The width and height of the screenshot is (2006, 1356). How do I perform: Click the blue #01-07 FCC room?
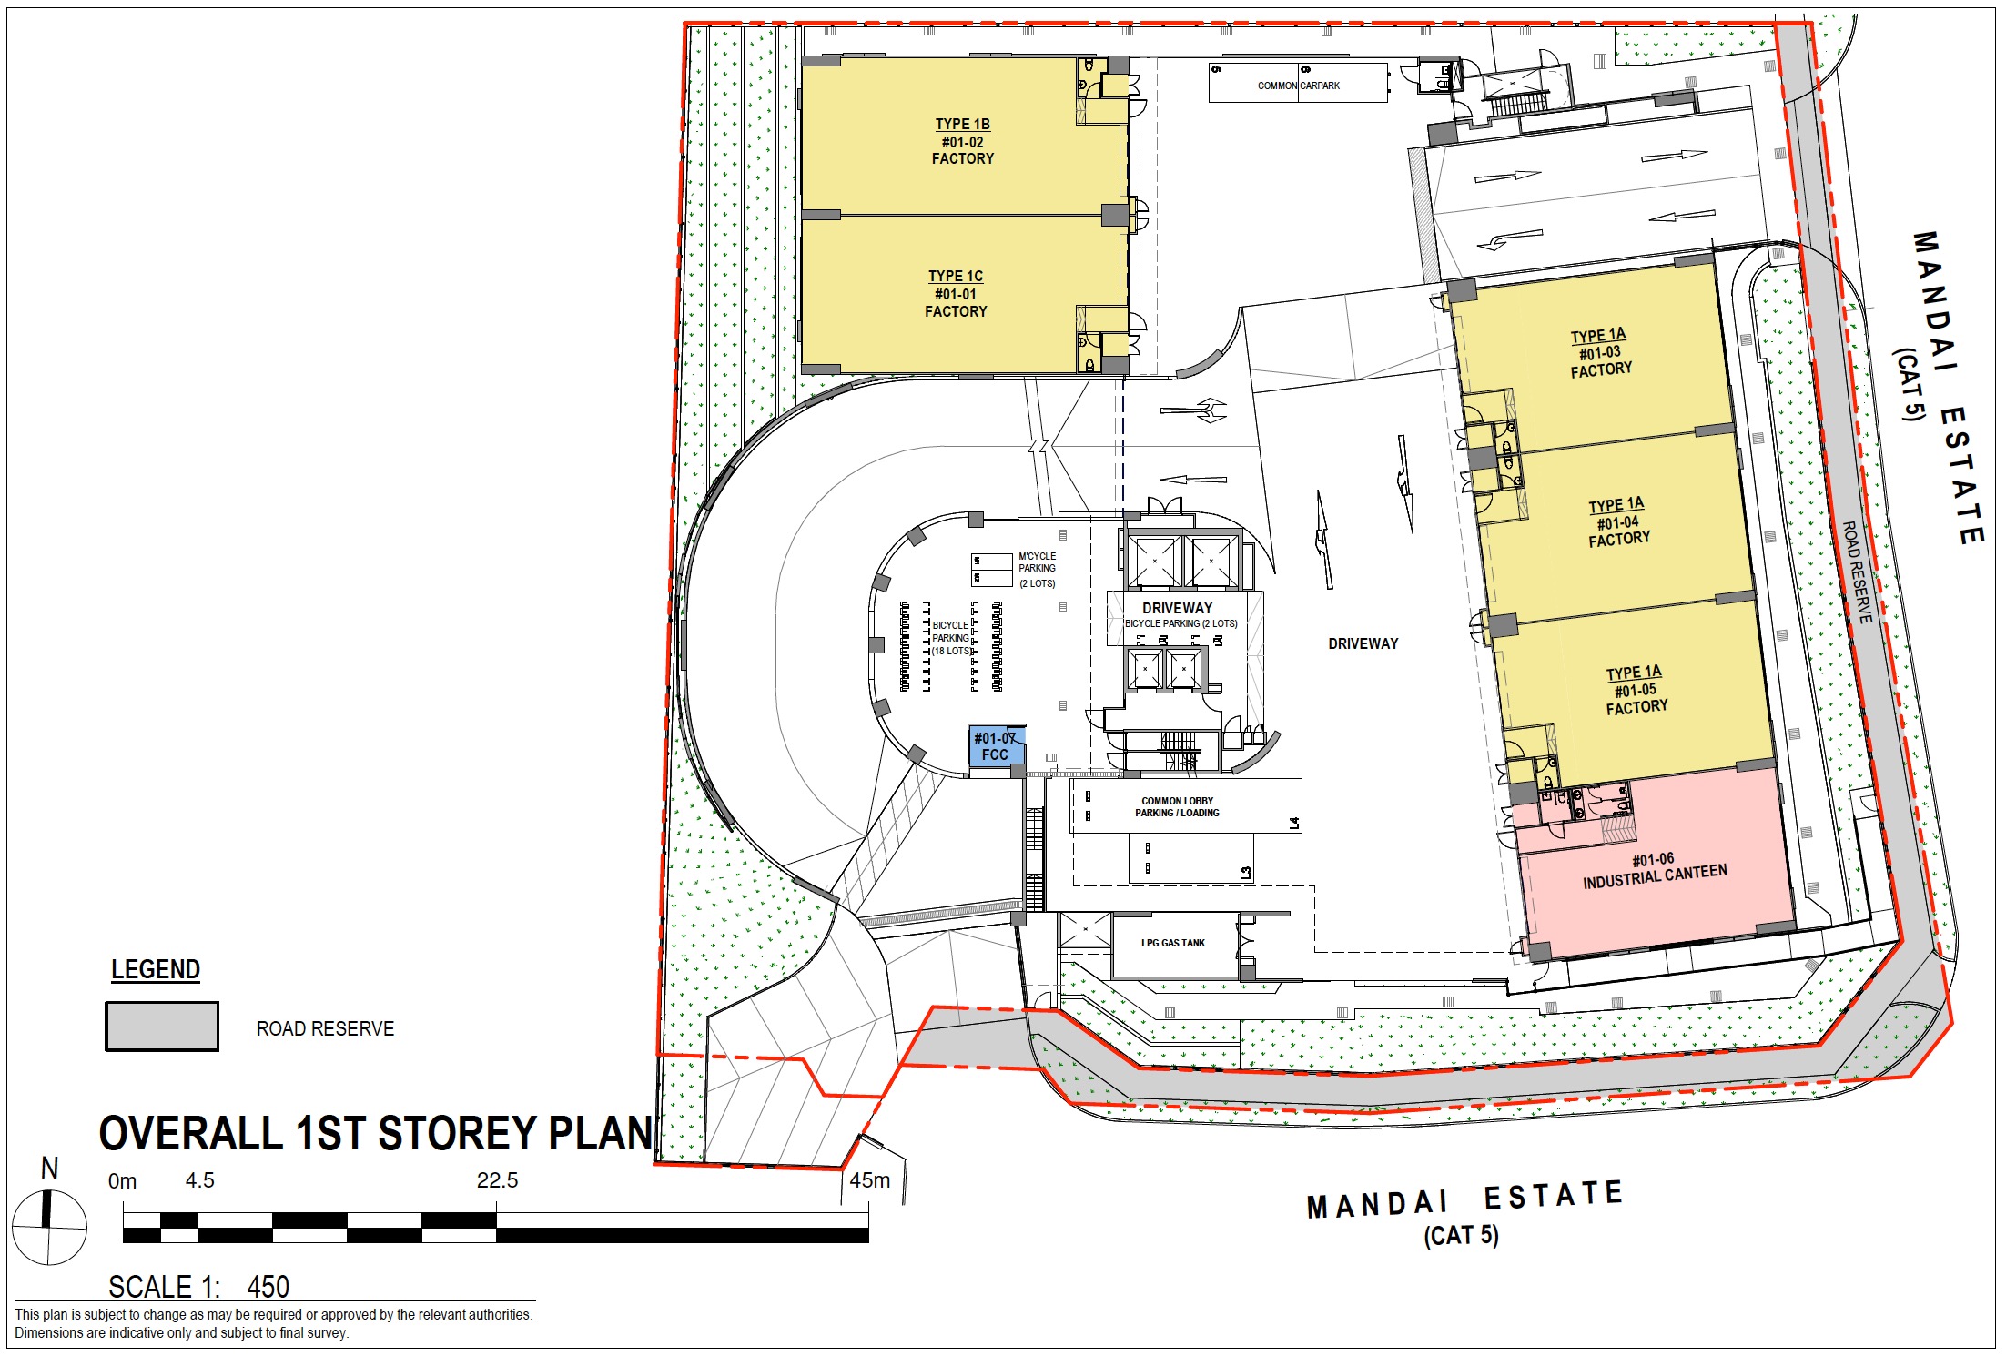coord(996,746)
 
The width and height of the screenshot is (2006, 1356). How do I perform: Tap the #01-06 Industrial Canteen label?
coord(1654,871)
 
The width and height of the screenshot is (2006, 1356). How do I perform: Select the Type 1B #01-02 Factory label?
coord(962,141)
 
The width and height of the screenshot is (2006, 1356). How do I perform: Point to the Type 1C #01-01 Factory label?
coord(956,293)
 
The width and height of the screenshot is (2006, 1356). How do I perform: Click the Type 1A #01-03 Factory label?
coord(1600,352)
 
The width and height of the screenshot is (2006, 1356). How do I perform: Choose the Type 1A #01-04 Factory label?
coord(1618,521)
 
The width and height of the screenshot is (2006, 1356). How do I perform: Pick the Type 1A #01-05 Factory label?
coord(1636,689)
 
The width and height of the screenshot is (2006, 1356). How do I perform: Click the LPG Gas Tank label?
coord(1172,943)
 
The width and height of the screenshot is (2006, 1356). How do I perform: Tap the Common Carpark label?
coord(1298,86)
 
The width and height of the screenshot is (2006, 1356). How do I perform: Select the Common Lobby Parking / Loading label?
coord(1177,807)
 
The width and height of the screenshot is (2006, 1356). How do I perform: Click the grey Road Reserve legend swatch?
coord(162,1027)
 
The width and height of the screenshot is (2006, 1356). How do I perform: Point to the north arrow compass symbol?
coord(49,1224)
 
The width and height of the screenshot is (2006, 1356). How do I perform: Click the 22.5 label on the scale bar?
coord(497,1180)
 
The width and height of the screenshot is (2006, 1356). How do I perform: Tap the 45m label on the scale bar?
coord(869,1180)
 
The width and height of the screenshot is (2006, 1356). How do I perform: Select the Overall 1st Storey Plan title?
coord(375,1134)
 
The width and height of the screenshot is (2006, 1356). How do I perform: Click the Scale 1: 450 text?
coord(198,1287)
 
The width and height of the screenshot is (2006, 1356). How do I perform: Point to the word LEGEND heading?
coord(156,970)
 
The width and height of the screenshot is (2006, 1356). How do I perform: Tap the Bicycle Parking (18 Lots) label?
coord(951,638)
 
